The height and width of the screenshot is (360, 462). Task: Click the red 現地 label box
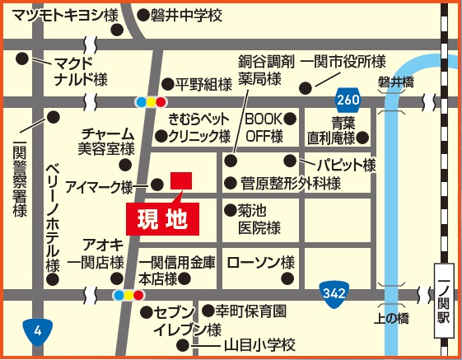[x=162, y=219]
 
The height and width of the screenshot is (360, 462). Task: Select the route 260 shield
[x=348, y=101]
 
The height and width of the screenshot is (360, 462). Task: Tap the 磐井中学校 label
[x=186, y=15]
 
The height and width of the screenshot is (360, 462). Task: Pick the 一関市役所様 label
[x=343, y=62]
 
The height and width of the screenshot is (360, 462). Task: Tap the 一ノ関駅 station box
[x=445, y=302]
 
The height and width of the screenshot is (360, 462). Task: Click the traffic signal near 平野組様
[x=151, y=101]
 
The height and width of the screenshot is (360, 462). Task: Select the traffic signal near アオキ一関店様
[x=128, y=294]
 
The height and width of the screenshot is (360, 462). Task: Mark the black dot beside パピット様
[x=290, y=160]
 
